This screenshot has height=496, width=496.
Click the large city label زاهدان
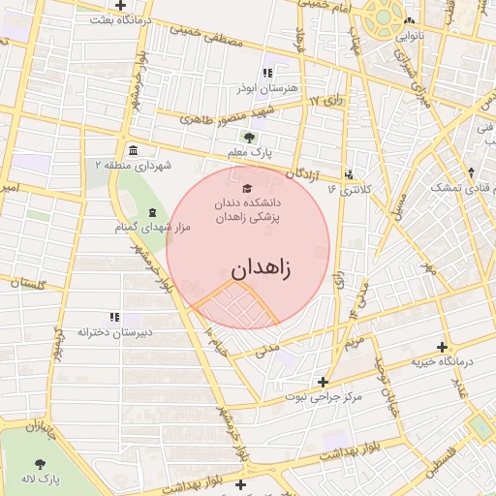click(x=261, y=267)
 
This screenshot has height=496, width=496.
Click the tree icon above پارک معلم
click(x=250, y=137)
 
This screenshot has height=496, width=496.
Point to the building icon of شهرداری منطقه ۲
click(x=132, y=150)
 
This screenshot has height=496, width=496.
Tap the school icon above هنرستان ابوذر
click(x=268, y=73)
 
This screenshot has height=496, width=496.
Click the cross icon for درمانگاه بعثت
click(x=119, y=6)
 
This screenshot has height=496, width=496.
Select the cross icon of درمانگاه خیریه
click(x=443, y=347)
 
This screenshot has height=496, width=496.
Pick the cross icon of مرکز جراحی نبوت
click(x=323, y=382)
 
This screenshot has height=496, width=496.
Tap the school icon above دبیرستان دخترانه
click(x=114, y=317)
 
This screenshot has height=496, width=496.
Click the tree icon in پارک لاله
click(x=39, y=464)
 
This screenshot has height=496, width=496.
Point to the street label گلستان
click(x=27, y=283)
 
